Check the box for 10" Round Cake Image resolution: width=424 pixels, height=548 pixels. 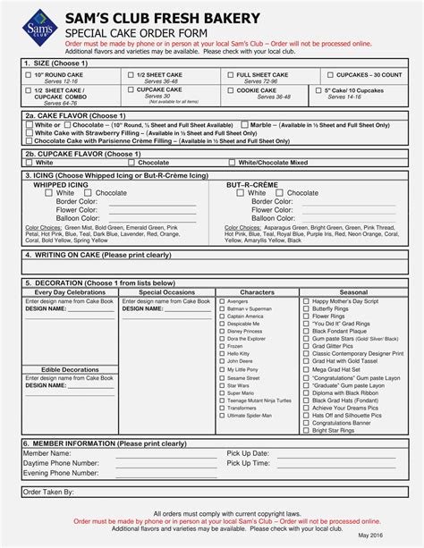coord(29,76)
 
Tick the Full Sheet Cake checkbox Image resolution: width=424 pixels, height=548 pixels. coord(230,76)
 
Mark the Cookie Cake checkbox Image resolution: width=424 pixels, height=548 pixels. coord(230,91)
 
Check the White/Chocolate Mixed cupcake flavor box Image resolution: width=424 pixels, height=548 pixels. coord(232,163)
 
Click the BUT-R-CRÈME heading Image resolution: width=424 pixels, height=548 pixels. coord(252,184)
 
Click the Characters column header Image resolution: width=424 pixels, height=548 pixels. coord(257,292)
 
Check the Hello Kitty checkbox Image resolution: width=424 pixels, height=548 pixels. coord(222,354)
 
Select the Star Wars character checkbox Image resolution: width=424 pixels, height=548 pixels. coord(222,385)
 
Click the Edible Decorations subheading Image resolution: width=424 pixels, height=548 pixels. coord(70,369)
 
